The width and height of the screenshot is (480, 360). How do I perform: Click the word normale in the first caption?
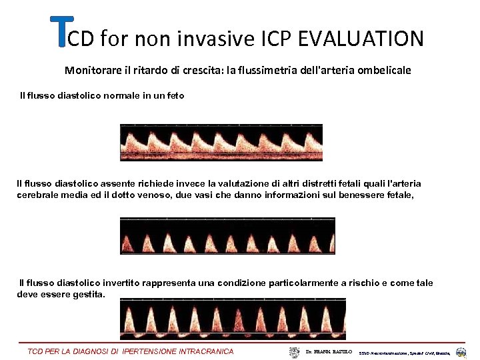(x=119, y=95)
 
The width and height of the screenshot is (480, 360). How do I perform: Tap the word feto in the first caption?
(x=174, y=95)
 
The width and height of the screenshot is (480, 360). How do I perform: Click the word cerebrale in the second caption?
(x=38, y=195)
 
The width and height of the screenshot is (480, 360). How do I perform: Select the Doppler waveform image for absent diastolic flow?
(x=227, y=235)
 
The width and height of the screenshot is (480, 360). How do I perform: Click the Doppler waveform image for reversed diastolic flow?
(x=233, y=319)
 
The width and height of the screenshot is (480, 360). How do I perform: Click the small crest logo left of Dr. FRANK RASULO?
(x=294, y=351)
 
